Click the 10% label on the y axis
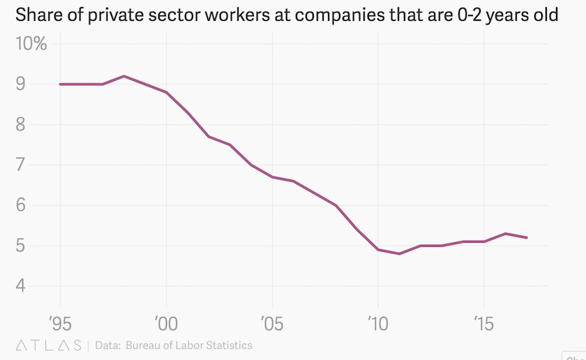(31, 44)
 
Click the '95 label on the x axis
(60, 323)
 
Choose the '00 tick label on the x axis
(166, 323)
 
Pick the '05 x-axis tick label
(272, 323)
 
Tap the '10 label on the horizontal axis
(377, 323)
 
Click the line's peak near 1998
(123, 76)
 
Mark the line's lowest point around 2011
(399, 254)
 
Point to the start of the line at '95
(60, 84)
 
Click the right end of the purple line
(527, 238)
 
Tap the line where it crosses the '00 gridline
(166, 92)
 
